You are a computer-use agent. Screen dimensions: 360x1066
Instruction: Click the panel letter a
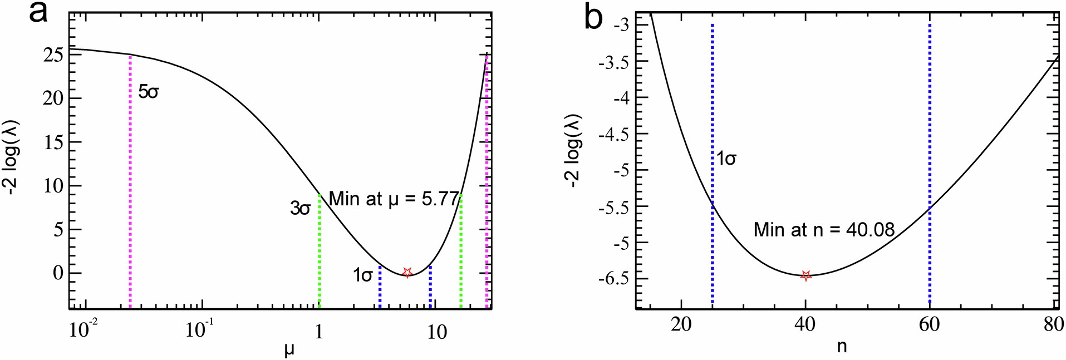38,12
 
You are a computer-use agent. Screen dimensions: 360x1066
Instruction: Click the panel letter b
593,18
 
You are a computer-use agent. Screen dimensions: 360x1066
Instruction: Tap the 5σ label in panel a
149,92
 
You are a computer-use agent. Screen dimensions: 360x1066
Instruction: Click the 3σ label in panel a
300,209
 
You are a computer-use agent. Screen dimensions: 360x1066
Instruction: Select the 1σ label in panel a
363,275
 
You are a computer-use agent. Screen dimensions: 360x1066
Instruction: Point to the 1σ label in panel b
726,159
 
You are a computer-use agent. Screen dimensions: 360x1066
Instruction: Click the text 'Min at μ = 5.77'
394,199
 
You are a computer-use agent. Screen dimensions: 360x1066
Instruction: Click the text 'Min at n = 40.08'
824,229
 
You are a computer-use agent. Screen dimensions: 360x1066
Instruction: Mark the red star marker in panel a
407,272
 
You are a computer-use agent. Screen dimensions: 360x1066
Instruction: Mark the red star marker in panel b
805,275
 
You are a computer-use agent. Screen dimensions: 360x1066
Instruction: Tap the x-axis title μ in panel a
289,350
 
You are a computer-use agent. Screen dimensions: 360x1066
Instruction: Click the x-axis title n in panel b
842,347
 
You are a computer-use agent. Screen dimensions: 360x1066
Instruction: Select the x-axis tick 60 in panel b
929,324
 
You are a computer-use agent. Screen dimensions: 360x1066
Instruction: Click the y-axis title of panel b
573,151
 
